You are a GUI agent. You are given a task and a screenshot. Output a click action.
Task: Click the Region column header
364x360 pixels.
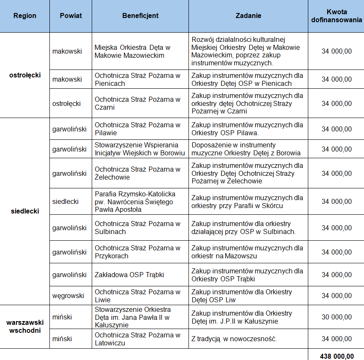[x=25, y=16]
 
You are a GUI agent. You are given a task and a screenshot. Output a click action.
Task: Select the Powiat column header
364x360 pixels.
[x=71, y=16]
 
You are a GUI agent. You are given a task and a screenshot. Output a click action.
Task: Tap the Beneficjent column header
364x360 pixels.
[x=140, y=16]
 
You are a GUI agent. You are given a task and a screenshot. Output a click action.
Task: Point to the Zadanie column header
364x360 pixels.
[x=248, y=16]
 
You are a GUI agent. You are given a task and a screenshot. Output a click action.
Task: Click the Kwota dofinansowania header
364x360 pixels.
[x=336, y=16]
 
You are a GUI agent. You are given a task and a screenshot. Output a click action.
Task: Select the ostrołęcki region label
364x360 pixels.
[x=25, y=75]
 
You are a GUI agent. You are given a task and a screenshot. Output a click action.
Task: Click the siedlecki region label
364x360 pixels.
[x=25, y=211]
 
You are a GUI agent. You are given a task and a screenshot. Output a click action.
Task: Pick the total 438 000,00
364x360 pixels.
[x=336, y=355]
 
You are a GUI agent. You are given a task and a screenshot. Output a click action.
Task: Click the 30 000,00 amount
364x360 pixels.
[x=336, y=317]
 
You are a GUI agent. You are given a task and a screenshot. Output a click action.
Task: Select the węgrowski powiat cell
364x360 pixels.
[x=68, y=296]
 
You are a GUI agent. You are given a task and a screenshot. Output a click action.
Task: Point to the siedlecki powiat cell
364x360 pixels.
[x=65, y=202]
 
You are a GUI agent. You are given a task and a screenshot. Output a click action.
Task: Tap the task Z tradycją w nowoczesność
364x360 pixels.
[x=234, y=339]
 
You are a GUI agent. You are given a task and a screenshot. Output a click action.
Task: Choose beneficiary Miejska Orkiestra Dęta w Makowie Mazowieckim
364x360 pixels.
[x=132, y=51]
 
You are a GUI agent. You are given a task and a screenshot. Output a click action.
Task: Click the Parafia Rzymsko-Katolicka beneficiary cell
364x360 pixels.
[x=135, y=202]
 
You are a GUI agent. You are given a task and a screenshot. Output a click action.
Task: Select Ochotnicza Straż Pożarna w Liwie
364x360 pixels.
[x=137, y=296]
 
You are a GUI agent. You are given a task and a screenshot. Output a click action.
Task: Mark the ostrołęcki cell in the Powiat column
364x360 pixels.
[x=67, y=103]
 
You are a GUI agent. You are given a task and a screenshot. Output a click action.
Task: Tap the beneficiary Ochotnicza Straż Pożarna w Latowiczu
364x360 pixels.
[x=137, y=339]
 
